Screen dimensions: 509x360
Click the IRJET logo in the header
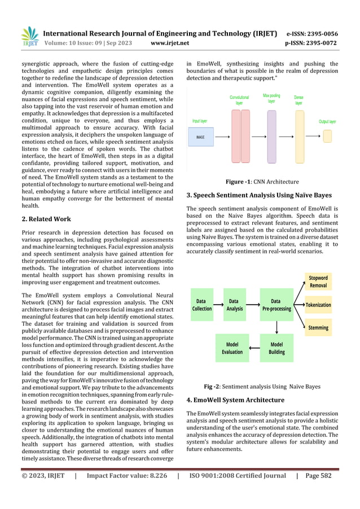(29, 36)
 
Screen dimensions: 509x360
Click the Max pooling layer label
(271, 98)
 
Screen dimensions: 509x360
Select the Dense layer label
(298, 100)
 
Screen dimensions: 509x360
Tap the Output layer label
(327, 121)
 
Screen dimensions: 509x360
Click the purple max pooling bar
(271, 137)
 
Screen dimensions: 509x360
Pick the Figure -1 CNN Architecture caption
(262, 182)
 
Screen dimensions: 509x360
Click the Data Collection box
(202, 305)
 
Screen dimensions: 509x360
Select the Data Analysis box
(234, 305)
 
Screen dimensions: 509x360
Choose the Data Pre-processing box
(276, 305)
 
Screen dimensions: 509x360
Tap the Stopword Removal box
(318, 281)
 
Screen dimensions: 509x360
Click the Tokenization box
(318, 305)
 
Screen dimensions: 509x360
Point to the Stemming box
(318, 328)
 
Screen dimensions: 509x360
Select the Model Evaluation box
(232, 348)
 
